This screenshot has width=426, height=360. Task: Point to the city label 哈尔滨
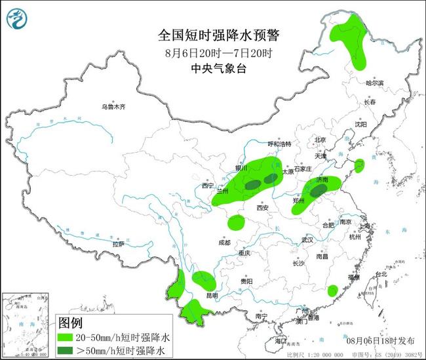coord(375,83)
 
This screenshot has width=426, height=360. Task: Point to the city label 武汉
coord(307,241)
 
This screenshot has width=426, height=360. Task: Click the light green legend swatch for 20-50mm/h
coord(68,338)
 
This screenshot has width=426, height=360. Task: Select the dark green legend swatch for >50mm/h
coord(68,351)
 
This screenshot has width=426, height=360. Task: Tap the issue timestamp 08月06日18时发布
coord(379,341)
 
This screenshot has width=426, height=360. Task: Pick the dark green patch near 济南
coord(319,191)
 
